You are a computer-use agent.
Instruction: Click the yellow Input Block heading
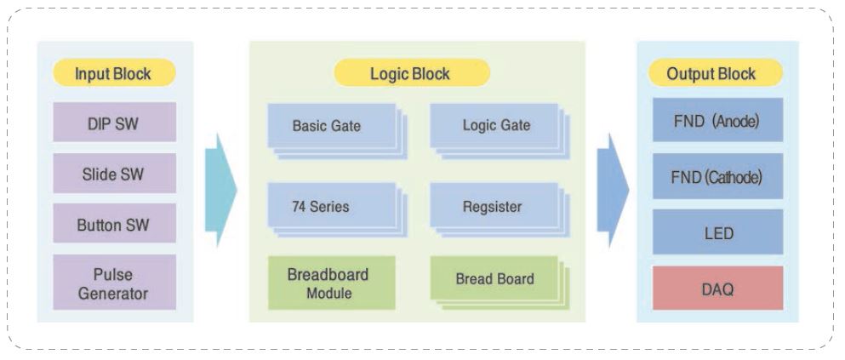pyautogui.click(x=114, y=72)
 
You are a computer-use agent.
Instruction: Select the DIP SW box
pyautogui.click(x=114, y=123)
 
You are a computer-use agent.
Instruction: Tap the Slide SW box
pyautogui.click(x=114, y=173)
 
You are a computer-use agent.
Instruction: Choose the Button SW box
pyautogui.click(x=114, y=224)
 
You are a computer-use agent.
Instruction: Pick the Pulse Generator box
pyautogui.click(x=114, y=283)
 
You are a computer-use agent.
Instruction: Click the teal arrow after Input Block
pyautogui.click(x=221, y=190)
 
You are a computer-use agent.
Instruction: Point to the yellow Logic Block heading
pyautogui.click(x=412, y=72)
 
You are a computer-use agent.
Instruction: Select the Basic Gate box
pyautogui.click(x=337, y=131)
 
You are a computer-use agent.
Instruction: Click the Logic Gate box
pyautogui.click(x=500, y=131)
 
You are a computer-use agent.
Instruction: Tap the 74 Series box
pyautogui.click(x=337, y=209)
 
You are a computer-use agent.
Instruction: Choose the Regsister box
pyautogui.click(x=500, y=209)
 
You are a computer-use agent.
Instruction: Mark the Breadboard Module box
pyautogui.click(x=331, y=283)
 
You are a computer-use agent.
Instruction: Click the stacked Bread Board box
pyautogui.click(x=500, y=283)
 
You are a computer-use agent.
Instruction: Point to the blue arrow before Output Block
pyautogui.click(x=613, y=190)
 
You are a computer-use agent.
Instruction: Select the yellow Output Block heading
pyautogui.click(x=715, y=72)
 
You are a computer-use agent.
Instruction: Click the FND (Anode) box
pyautogui.click(x=718, y=120)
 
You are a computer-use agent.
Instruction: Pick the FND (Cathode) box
pyautogui.click(x=718, y=175)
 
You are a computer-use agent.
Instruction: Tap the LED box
pyautogui.click(x=718, y=231)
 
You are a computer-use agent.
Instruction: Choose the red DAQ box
pyautogui.click(x=718, y=288)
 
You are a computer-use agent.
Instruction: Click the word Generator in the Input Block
pyautogui.click(x=113, y=294)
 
